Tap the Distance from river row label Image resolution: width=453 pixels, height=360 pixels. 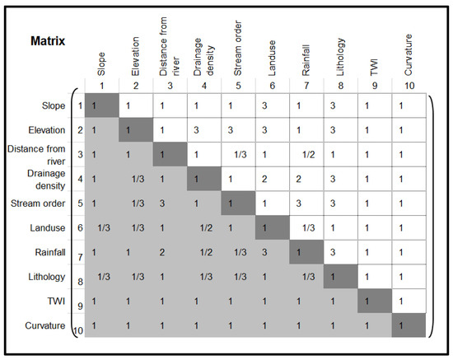(40, 154)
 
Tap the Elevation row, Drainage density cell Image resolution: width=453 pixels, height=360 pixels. (195, 130)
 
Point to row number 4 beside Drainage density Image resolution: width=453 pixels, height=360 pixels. (79, 179)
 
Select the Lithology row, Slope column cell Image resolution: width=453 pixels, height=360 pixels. (103, 278)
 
